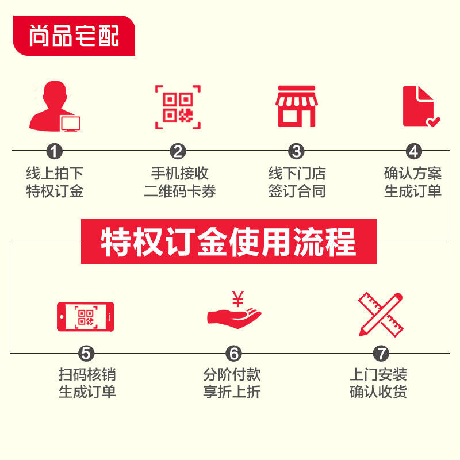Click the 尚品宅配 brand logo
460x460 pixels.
(x=74, y=36)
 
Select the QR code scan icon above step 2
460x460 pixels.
(x=178, y=107)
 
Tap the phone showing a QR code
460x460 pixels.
(x=85, y=316)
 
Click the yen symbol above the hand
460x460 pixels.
(x=237, y=298)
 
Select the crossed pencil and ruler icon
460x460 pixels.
(x=380, y=314)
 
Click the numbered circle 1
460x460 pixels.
(x=55, y=151)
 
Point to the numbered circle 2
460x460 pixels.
(x=178, y=151)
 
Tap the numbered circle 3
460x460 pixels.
(x=296, y=151)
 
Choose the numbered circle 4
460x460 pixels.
(x=413, y=151)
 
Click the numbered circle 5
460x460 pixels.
(x=86, y=353)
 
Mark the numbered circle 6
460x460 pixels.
(x=233, y=353)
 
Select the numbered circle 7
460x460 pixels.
(x=381, y=353)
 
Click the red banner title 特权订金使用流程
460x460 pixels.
(x=229, y=241)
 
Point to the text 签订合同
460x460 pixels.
(x=297, y=191)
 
